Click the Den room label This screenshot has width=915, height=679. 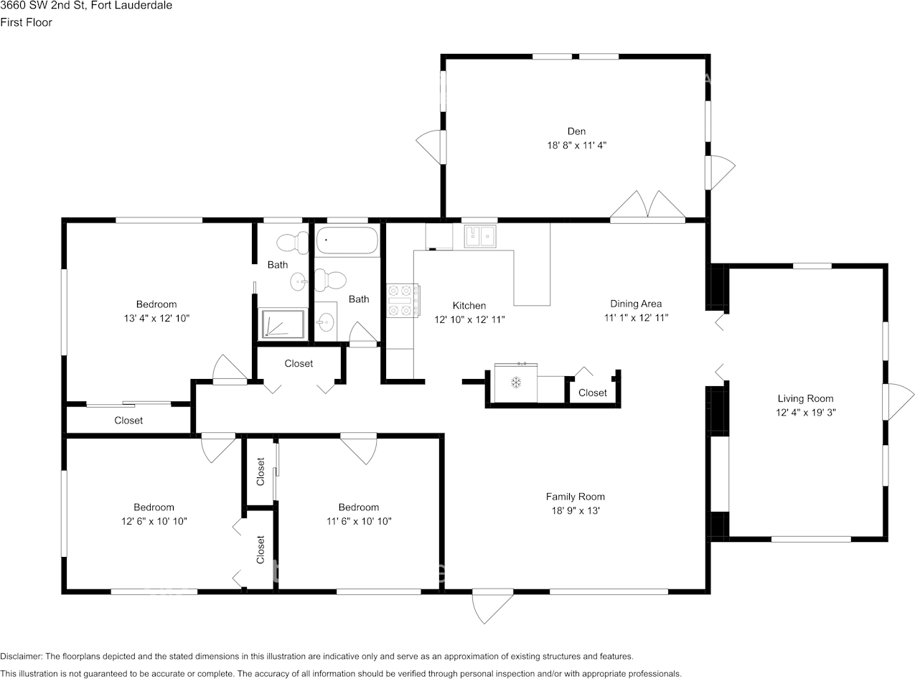point(576,131)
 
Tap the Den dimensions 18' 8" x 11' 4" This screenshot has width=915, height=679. point(576,146)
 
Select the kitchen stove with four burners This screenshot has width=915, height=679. point(403,301)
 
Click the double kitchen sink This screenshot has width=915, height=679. point(480,236)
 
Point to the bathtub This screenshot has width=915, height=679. point(347,240)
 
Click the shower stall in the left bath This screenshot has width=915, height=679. point(283,324)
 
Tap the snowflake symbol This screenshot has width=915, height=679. point(516,383)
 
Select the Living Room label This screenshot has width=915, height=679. point(805,399)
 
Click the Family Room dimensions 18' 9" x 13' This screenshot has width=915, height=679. point(576,510)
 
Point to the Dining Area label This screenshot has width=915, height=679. point(636,304)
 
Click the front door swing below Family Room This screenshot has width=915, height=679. point(492,606)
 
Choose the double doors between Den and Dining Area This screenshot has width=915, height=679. point(647,207)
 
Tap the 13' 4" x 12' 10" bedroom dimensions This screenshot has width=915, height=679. point(156,318)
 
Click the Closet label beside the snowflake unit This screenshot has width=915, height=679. point(592,393)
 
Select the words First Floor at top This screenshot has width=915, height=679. point(26,22)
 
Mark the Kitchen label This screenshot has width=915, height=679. point(469,306)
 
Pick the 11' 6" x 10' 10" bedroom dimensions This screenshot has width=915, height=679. point(359,521)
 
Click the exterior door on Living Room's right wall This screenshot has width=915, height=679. point(898,402)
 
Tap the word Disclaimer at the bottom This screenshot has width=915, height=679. point(21,656)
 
